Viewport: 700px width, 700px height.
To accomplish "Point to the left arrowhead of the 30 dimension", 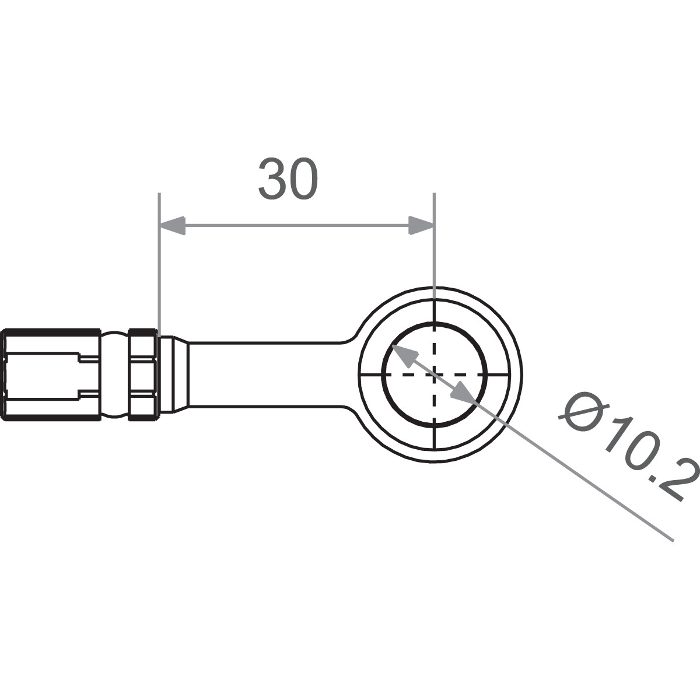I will [x=173, y=225].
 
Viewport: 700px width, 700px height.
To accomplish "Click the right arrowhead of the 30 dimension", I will [x=421, y=225].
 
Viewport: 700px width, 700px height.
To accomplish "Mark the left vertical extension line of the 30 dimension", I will [x=159, y=262].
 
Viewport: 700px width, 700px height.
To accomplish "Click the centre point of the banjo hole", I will [x=434, y=374].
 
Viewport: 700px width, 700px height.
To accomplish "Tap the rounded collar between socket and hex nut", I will [x=115, y=374].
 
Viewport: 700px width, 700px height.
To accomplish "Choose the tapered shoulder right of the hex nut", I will [x=174, y=374].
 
